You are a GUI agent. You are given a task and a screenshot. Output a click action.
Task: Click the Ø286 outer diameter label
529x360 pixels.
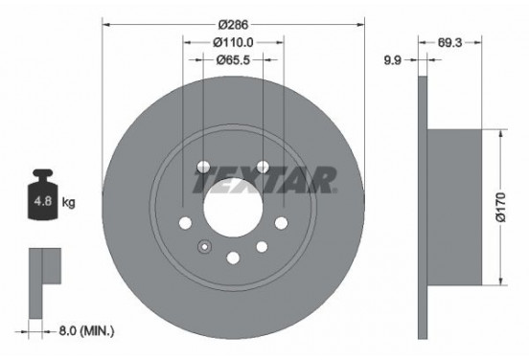pos(233,25)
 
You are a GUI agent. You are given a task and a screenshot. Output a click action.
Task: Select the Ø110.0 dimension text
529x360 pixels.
pos(233,42)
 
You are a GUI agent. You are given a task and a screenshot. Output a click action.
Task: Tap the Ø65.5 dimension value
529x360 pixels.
pos(233,60)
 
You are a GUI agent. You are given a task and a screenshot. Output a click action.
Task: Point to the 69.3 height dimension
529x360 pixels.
pos(449,42)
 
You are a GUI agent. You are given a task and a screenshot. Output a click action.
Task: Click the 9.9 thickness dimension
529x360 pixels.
pos(392,60)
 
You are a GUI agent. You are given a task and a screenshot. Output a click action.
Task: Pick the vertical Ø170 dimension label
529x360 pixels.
pos(501,208)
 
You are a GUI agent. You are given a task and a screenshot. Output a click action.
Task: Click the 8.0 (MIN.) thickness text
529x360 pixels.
pos(86,331)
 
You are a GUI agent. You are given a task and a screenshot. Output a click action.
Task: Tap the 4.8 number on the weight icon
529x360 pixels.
pos(43,201)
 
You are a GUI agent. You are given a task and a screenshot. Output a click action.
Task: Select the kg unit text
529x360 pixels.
pos(68,202)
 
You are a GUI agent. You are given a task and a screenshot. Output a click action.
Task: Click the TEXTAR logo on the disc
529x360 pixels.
pos(264,180)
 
